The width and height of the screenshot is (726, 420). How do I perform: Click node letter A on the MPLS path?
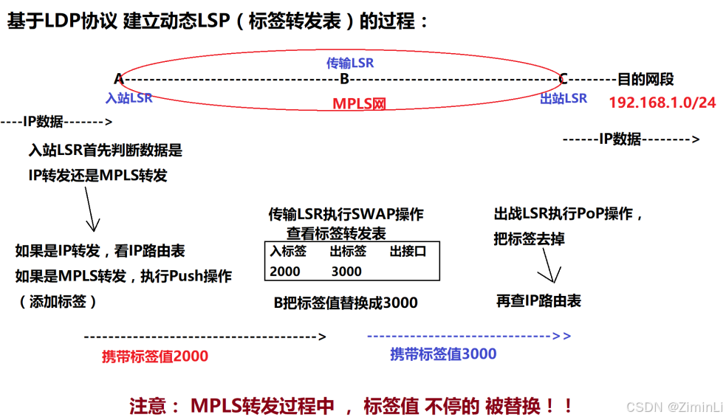pos(119,79)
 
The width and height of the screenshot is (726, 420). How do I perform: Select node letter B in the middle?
pos(344,79)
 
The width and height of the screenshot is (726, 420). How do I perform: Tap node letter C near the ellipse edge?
pos(563,79)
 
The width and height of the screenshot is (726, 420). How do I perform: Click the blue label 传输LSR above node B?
pos(350,63)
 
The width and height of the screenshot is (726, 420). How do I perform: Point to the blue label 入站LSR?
pos(129,97)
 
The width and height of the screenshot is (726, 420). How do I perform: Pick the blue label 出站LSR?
pos(564,98)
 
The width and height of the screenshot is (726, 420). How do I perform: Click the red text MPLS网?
pos(359,103)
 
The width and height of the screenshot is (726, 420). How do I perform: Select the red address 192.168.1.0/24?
pos(662,103)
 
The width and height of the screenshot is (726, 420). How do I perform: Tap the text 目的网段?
pos(645,80)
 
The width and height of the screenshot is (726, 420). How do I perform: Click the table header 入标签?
pos(288,251)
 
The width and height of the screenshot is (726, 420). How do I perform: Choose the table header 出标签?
pos(348,251)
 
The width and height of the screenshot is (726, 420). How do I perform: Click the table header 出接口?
pos(408,251)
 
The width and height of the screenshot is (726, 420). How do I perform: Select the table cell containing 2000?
pos(285,271)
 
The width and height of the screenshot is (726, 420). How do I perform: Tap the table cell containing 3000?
pos(346,271)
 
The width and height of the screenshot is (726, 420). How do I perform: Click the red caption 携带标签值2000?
pos(155,356)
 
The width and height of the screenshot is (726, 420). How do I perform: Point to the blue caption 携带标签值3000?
pos(443,354)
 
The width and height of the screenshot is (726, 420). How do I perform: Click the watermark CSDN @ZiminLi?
pos(674,407)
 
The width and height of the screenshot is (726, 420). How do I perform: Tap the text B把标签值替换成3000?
pos(346,303)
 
